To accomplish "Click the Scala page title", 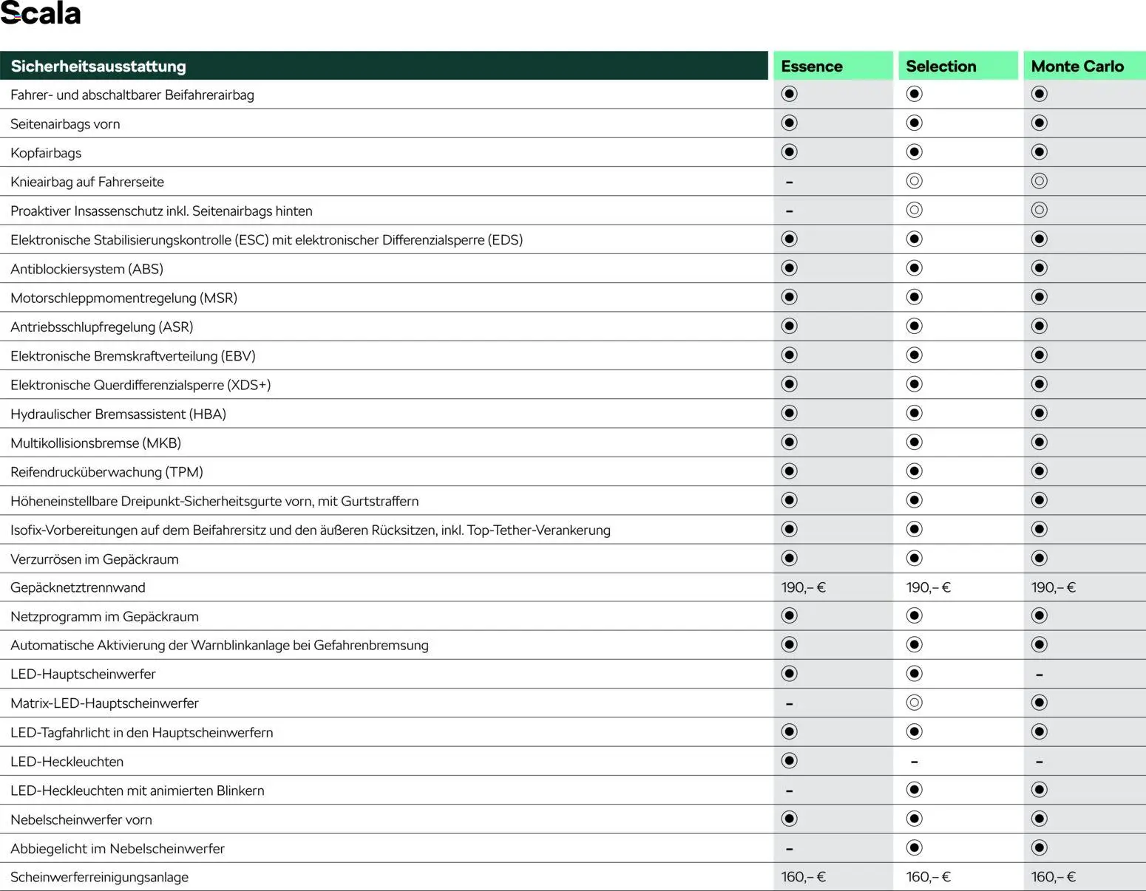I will tap(41, 14).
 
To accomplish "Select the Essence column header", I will tap(811, 66).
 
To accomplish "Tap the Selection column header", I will tap(940, 66).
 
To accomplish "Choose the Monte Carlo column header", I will tap(1077, 66).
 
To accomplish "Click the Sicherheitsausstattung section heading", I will tap(98, 66).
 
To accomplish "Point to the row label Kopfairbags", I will tap(46, 153).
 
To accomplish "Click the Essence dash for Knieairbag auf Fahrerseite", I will tap(790, 182).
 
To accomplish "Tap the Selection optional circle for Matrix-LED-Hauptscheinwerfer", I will tap(915, 703).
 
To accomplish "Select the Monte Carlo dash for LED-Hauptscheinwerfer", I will tap(1040, 675).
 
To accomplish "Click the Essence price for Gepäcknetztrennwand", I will tap(803, 587).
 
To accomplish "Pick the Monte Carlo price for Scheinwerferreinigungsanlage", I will tap(1054, 877).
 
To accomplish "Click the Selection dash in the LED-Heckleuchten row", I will tap(915, 762).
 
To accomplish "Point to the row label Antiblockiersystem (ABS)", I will tap(87, 269).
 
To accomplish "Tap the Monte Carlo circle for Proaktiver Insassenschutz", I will tap(1040, 211).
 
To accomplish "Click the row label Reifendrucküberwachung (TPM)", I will tap(106, 472).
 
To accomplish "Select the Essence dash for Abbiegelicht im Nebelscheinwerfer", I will tap(790, 849).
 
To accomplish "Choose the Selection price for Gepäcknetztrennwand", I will tap(928, 587).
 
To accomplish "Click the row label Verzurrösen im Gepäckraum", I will tap(95, 559).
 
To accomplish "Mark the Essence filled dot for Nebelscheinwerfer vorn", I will tap(790, 819).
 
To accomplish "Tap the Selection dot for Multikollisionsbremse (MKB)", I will tap(915, 443).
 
